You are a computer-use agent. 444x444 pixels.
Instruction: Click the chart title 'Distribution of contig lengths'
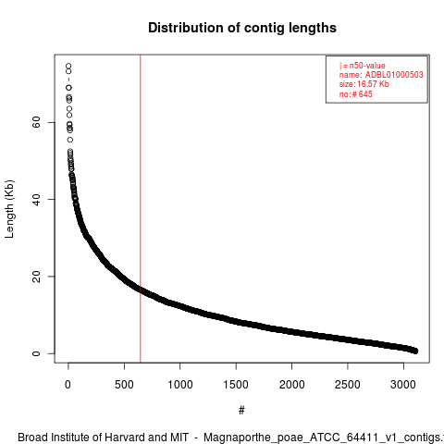[242, 28]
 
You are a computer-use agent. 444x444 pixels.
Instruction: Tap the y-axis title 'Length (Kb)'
[9, 209]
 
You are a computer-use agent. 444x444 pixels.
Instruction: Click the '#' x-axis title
[241, 411]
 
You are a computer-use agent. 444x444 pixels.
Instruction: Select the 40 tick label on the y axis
[36, 200]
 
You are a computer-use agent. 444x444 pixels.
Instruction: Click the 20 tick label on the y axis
[36, 277]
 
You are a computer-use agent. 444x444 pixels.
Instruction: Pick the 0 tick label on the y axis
[36, 353]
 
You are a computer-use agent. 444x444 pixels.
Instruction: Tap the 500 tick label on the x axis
[124, 385]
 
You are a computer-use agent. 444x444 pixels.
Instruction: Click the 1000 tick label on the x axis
[180, 385]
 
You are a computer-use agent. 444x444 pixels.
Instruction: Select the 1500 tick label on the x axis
[236, 385]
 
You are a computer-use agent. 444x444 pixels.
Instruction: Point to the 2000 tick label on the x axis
[291, 385]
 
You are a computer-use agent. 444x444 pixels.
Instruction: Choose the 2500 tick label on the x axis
[348, 385]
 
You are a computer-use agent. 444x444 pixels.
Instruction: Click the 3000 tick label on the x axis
[403, 385]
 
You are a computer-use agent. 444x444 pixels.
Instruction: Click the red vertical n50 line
[141, 209]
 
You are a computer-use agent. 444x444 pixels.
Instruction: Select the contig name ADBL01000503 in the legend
[394, 75]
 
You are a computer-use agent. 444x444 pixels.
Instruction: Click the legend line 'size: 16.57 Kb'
[364, 84]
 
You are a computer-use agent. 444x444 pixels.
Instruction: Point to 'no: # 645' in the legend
[356, 94]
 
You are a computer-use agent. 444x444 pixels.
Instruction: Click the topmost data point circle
[68, 66]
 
